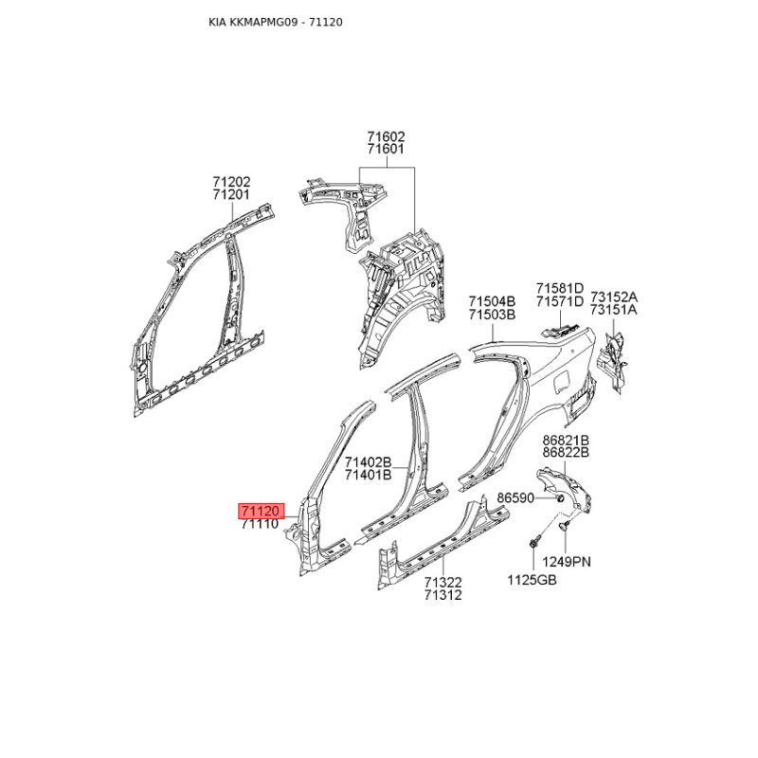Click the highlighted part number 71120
[x=261, y=511]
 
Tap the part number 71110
[x=261, y=524]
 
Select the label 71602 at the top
[x=386, y=136]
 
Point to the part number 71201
[x=231, y=194]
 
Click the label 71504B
[x=492, y=301]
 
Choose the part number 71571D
[x=560, y=301]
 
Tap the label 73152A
[x=613, y=297]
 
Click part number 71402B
[x=368, y=462]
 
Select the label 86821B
[x=566, y=440]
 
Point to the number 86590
[x=515, y=497]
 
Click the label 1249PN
[x=567, y=562]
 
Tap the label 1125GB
[x=532, y=580]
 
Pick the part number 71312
[x=443, y=595]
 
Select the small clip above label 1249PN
[x=564, y=526]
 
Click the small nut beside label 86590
[x=559, y=498]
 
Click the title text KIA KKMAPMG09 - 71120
[x=276, y=22]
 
